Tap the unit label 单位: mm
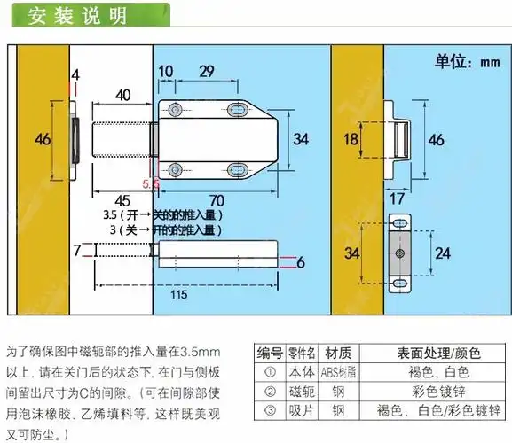(467, 63)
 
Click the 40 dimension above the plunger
(124, 95)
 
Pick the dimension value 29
(205, 71)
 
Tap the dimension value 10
(167, 71)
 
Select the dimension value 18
(351, 139)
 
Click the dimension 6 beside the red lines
(301, 261)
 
